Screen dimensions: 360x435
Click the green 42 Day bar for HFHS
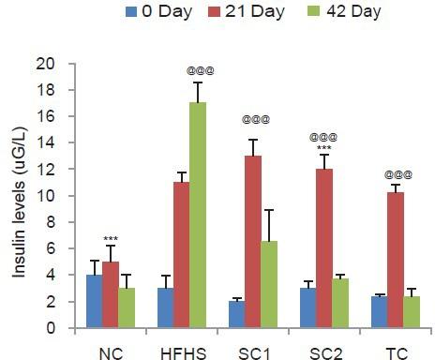[x=198, y=216]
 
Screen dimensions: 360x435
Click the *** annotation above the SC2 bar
[x=325, y=148]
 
